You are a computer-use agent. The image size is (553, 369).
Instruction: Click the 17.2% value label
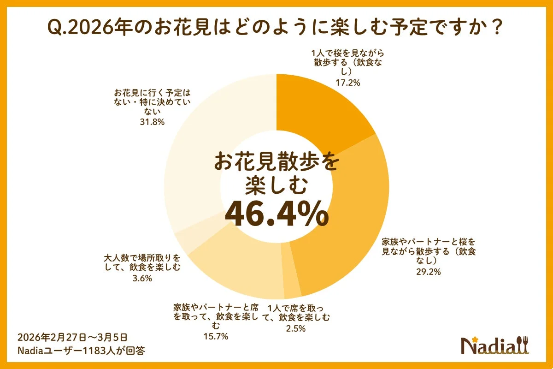[x=347, y=83]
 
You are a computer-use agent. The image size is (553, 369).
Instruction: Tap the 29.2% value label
[x=429, y=272]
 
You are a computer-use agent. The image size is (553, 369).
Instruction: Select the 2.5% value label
[x=295, y=328]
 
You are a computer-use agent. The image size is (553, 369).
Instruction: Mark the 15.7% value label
[x=217, y=336]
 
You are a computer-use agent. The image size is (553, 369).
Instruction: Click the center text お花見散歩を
[x=276, y=163]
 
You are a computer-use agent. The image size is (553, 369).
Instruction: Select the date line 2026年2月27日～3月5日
[x=71, y=336]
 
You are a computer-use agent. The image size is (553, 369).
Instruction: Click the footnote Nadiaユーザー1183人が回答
[x=81, y=351]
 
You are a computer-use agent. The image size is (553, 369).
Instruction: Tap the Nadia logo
[x=495, y=345]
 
